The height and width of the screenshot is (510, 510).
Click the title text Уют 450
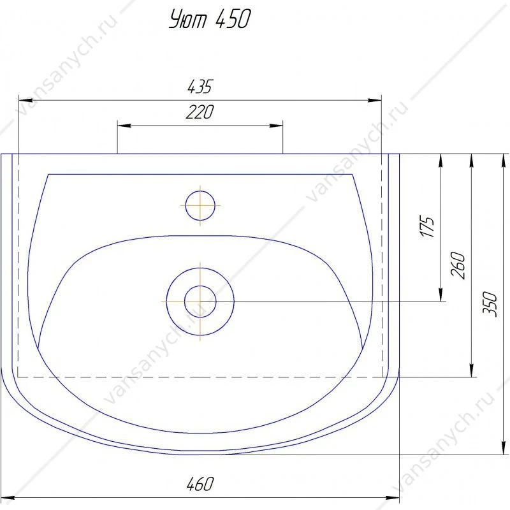coord(210,19)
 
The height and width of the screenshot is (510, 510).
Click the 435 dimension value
coord(200,87)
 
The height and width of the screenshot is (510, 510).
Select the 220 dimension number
coord(200,112)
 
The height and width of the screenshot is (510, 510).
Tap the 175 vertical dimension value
coord(427,226)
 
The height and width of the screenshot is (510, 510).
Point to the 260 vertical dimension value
coord(458,265)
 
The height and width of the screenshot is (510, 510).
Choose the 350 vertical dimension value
coord(490,304)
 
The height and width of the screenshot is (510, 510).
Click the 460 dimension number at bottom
coord(200,484)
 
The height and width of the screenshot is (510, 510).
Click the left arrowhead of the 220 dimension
coord(124,125)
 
